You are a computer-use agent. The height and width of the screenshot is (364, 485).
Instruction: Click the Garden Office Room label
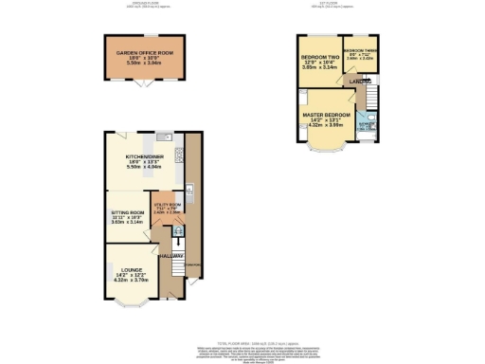point(145,53)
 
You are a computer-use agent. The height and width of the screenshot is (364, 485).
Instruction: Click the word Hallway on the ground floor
point(170,257)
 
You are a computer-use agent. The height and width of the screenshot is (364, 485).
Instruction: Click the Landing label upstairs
point(359,82)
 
